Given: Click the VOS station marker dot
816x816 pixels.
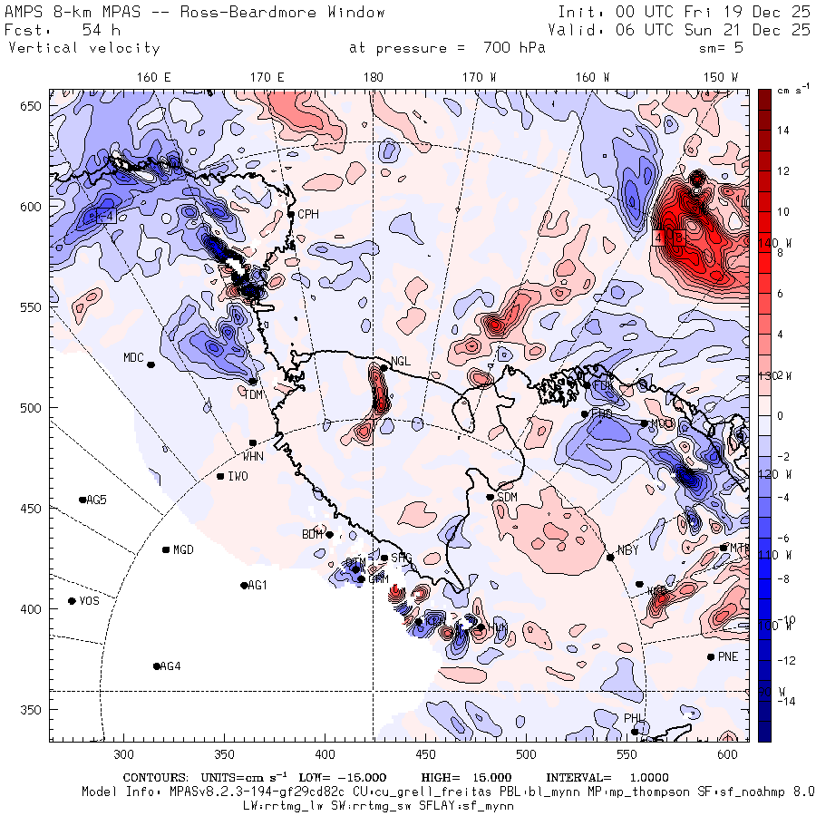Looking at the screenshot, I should (x=73, y=601).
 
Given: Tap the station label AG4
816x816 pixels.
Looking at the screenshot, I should (x=170, y=667).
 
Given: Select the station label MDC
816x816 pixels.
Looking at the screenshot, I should (x=133, y=357).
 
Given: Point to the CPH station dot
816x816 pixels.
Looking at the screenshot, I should (x=291, y=215).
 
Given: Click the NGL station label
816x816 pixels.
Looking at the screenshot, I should (x=401, y=361).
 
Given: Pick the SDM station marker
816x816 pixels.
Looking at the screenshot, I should (x=491, y=497).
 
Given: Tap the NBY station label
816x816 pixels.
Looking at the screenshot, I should (x=628, y=550).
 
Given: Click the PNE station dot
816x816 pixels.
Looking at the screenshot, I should (x=711, y=657).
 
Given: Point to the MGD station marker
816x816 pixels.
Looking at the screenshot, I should (x=166, y=549).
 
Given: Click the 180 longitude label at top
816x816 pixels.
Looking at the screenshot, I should (x=373, y=78).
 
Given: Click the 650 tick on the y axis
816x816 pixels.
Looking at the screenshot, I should (x=33, y=107).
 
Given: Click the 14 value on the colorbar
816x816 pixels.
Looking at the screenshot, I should (x=783, y=131).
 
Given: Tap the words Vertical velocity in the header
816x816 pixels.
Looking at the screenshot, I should (x=83, y=48).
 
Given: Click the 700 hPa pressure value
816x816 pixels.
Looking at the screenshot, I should (x=511, y=48).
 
